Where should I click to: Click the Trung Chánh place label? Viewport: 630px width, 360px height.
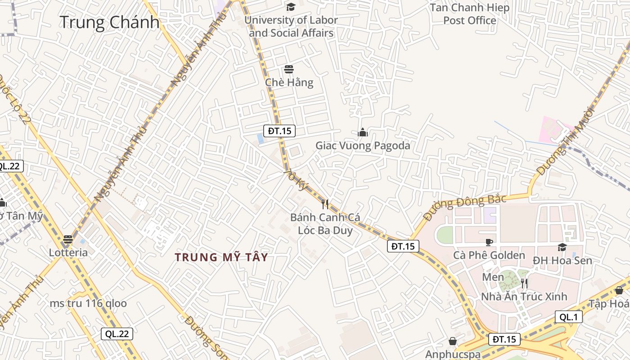(x=109, y=22)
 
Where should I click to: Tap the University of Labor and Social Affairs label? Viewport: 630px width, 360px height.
(x=291, y=27)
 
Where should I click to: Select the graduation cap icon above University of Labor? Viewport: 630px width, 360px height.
(x=291, y=7)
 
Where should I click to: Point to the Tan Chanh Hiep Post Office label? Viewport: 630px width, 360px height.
(x=470, y=14)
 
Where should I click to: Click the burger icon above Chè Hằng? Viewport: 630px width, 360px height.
(x=289, y=69)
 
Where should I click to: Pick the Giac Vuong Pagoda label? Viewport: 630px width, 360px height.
(x=363, y=145)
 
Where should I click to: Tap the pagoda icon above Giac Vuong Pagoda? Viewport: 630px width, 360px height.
(x=363, y=132)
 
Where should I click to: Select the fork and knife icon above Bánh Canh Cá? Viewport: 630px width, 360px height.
(x=325, y=204)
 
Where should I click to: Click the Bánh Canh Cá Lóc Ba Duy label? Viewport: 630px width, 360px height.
(x=325, y=224)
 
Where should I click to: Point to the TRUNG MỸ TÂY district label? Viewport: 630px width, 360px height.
(x=221, y=257)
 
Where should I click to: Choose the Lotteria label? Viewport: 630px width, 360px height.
(x=68, y=252)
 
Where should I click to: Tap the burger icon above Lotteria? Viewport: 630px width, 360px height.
(x=68, y=239)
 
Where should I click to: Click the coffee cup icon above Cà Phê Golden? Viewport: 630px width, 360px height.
(x=489, y=242)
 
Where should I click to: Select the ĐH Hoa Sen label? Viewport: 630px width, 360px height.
(x=562, y=261)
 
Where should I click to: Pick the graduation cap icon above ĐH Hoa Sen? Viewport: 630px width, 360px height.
(x=562, y=247)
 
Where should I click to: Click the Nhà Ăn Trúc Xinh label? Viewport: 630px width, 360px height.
(x=524, y=297)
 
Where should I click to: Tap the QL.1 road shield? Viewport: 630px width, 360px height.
(x=568, y=317)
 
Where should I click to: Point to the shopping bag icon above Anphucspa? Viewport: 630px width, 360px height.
(x=453, y=342)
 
